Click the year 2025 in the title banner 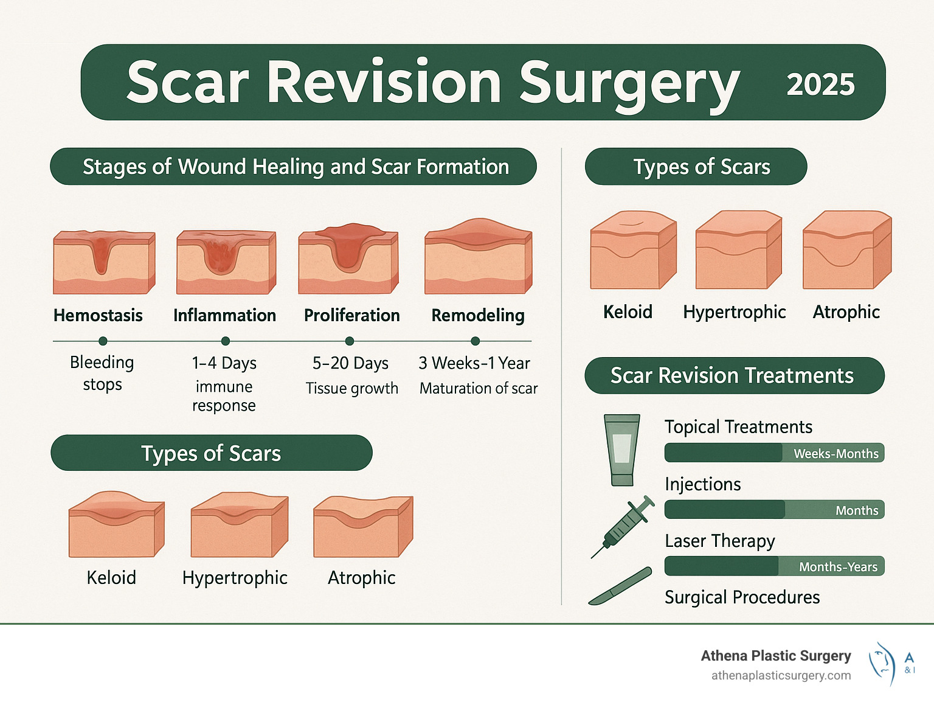820,84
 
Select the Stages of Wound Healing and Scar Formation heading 296,167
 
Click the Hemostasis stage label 98,315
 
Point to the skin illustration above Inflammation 226,262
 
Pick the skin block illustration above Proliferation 348,259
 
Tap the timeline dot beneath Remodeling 476,341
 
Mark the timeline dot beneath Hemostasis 103,341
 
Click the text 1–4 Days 224,363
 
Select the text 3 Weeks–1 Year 474,363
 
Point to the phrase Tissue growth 351,388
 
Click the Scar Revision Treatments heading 732,375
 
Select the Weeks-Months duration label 835,454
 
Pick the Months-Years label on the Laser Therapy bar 838,567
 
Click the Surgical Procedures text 742,597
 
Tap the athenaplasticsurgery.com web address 781,676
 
